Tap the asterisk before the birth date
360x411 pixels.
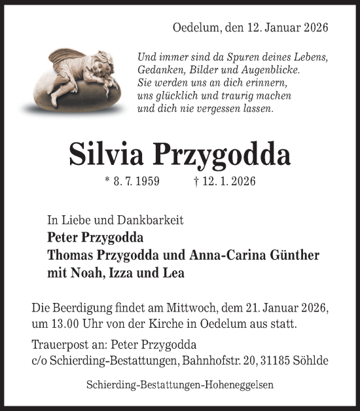(107, 181)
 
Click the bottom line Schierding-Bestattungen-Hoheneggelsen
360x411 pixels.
(179, 386)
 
